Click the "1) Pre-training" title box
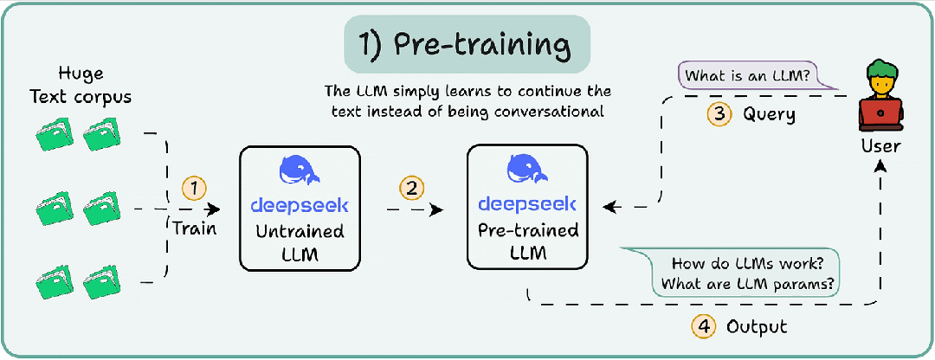[467, 45]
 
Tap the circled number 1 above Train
[194, 190]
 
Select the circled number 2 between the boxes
[411, 190]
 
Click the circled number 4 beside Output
[703, 326]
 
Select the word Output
[757, 326]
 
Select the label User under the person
[880, 146]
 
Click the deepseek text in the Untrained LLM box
[300, 206]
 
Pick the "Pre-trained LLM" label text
[528, 241]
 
